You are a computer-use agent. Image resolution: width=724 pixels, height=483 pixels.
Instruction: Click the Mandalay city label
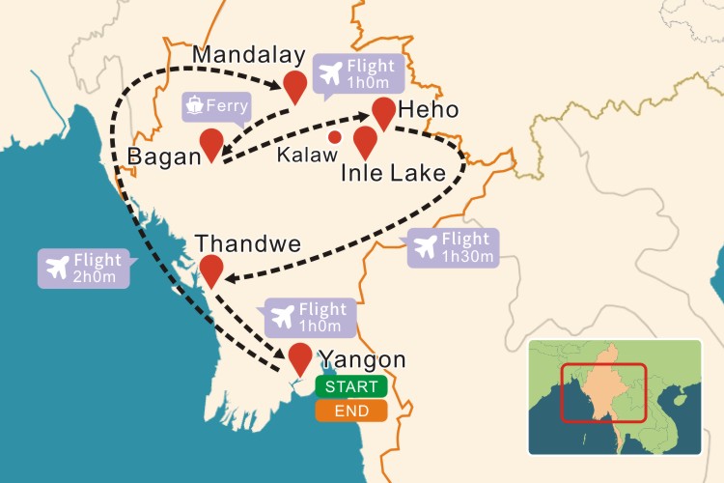[249, 55]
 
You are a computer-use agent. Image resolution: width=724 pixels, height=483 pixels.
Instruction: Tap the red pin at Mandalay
[295, 85]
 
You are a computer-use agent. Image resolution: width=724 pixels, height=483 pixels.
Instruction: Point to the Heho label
[426, 108]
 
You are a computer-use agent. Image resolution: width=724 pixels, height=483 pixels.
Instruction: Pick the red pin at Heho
[383, 112]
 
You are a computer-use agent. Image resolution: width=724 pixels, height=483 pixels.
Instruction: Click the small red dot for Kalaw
[334, 136]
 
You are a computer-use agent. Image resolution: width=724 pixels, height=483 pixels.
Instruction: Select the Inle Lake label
[393, 174]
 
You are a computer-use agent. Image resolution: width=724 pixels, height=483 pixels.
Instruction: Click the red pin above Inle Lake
[364, 141]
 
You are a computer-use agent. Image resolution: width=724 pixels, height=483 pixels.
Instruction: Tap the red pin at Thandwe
[210, 270]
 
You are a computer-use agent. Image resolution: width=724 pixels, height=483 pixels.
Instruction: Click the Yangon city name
[363, 359]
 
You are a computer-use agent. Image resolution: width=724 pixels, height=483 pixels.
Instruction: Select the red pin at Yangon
[300, 357]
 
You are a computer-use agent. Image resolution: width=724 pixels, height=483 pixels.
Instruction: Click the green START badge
[351, 386]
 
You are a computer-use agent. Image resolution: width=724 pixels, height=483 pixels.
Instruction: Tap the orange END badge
[351, 411]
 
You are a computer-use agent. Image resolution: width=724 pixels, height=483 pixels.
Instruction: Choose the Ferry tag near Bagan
[216, 105]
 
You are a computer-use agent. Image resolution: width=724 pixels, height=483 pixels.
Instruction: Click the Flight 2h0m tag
[83, 269]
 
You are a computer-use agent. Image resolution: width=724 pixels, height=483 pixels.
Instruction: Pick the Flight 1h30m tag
[454, 248]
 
